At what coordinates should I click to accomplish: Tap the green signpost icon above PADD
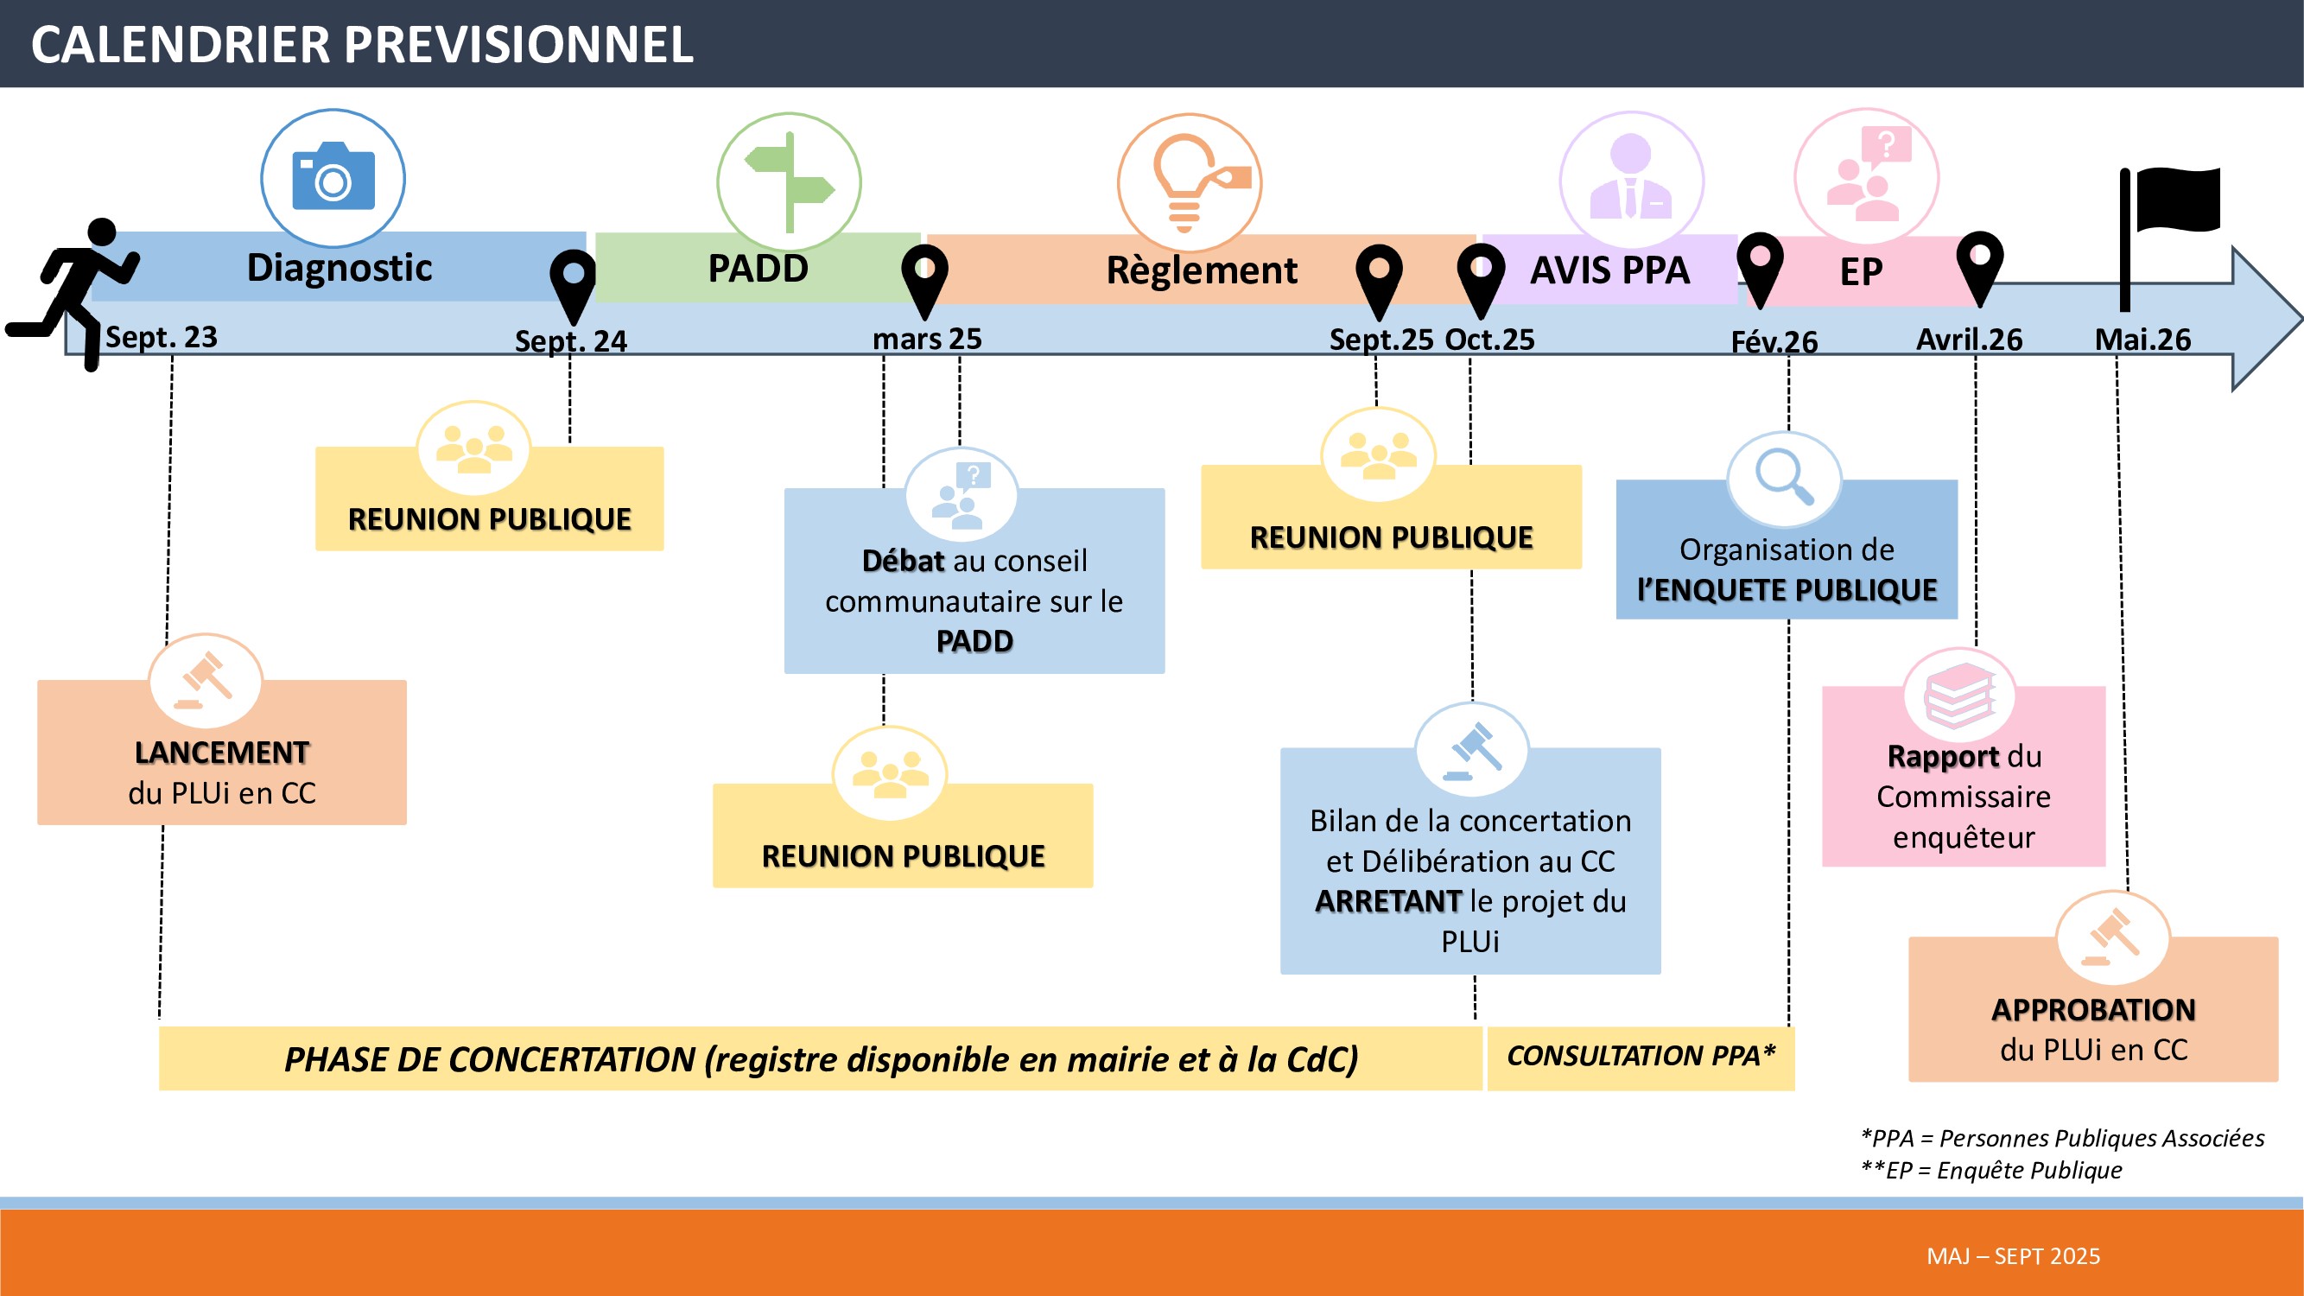(789, 182)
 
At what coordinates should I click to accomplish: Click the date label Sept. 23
(161, 337)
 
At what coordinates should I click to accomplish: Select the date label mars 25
(927, 339)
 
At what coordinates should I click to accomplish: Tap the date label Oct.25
(1489, 340)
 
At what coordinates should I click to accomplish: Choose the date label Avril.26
(1969, 340)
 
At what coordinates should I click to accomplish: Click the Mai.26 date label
(2142, 340)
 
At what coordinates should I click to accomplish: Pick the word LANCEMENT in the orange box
(222, 753)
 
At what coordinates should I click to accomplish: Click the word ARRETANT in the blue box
(1388, 901)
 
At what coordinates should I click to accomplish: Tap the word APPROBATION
(2093, 1010)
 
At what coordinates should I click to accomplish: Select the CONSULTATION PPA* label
(1641, 1057)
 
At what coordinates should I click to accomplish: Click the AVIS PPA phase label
(1610, 270)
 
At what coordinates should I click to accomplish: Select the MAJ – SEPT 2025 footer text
(2014, 1256)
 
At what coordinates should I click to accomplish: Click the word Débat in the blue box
(903, 561)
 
